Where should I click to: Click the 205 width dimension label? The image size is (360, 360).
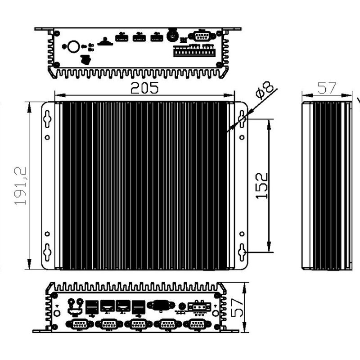[x=144, y=89]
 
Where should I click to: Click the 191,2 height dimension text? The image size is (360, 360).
[x=21, y=186]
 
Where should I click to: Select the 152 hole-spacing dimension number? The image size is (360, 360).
[x=263, y=185]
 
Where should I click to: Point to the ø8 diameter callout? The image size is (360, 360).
[x=265, y=90]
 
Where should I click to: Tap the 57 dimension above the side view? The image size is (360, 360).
[x=327, y=88]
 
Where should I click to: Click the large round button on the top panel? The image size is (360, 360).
[x=74, y=46]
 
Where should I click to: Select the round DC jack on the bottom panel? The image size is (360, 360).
[x=182, y=306]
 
